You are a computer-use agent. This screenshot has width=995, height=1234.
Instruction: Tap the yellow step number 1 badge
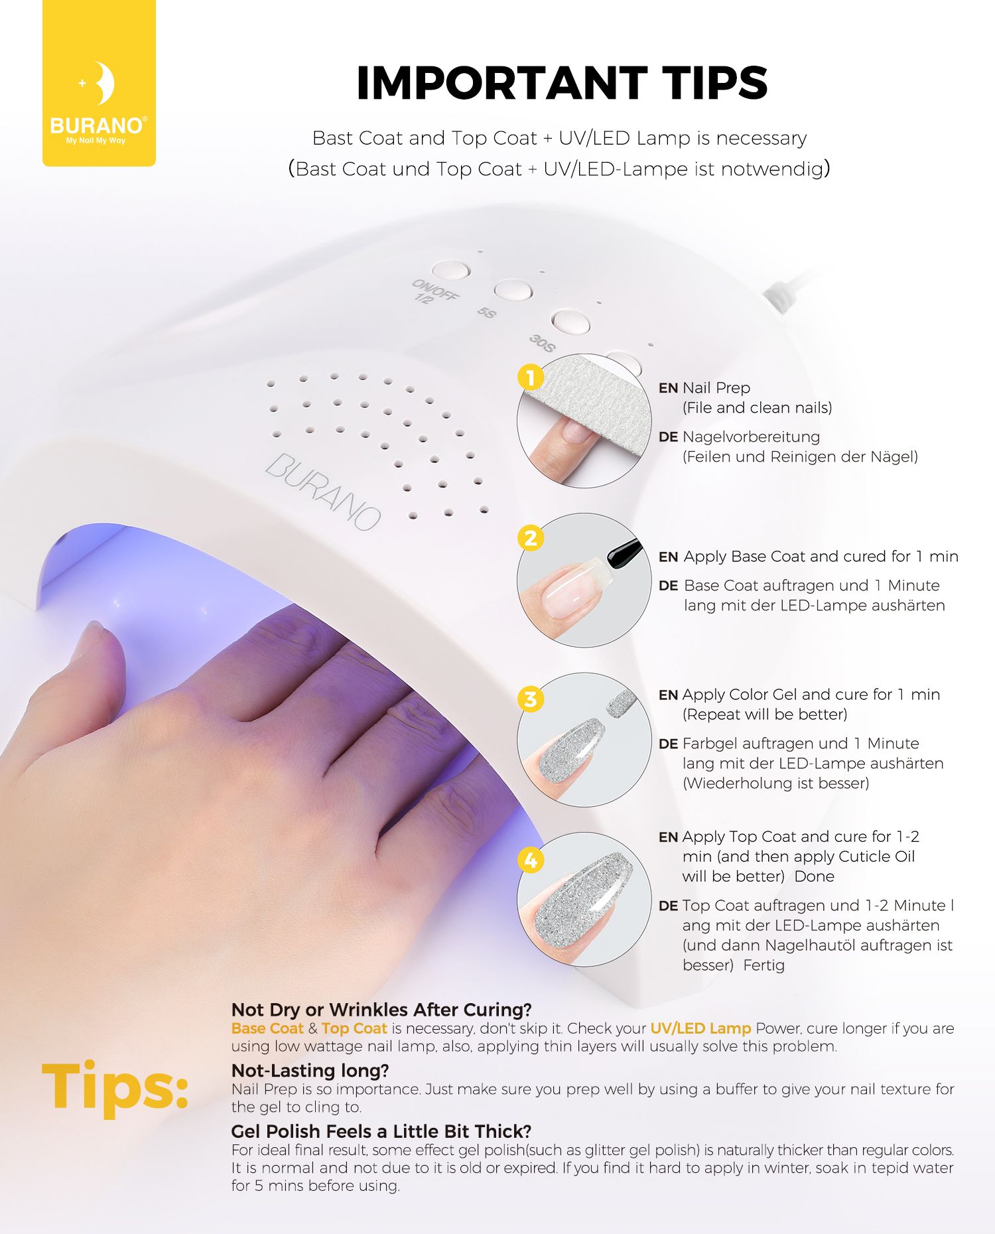coord(531,378)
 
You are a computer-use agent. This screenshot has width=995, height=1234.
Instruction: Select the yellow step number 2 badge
coord(531,538)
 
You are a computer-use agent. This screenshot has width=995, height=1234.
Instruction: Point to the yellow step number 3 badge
coord(531,699)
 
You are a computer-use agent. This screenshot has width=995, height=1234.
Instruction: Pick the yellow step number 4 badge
coord(531,860)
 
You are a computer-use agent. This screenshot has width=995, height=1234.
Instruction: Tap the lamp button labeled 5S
coord(513,290)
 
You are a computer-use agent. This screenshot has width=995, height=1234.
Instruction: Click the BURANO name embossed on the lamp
coord(324,491)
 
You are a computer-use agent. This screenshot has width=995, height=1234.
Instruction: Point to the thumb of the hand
coord(99,657)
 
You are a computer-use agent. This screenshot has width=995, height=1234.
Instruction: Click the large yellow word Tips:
coord(115,1085)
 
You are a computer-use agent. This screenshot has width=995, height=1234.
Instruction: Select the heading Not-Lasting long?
coord(310,1070)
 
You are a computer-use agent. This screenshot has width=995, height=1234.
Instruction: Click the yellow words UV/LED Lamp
coord(700,1028)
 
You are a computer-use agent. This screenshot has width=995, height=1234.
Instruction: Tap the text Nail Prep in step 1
coord(716,388)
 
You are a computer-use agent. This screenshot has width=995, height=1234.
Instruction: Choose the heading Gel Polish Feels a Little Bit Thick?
coord(381,1131)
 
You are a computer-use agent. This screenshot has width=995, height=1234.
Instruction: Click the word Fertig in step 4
coord(763,965)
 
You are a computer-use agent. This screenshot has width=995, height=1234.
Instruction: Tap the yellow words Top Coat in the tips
coord(354,1028)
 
